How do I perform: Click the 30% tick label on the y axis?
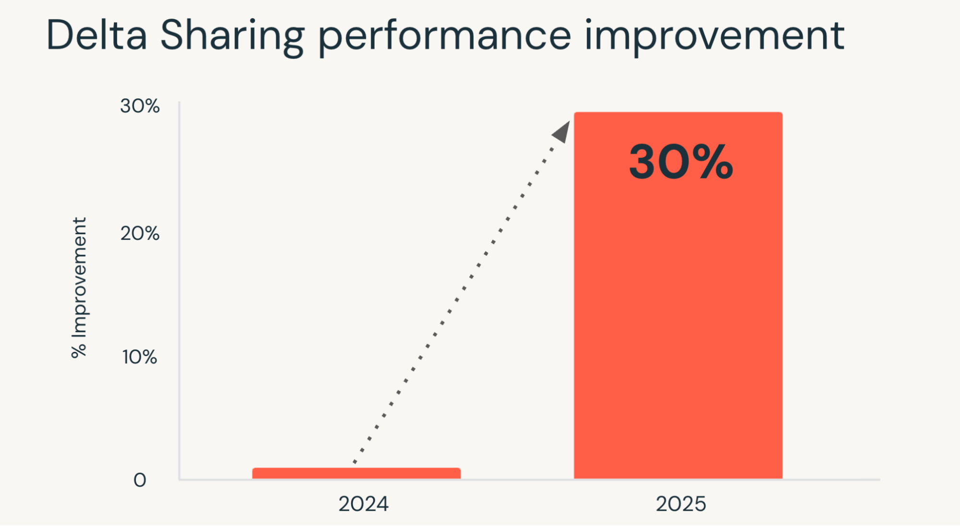click(x=140, y=106)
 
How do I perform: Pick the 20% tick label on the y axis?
click(x=140, y=234)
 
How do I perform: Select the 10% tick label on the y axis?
click(x=139, y=357)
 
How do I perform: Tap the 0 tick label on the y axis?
click(x=140, y=480)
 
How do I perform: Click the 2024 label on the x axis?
click(x=364, y=504)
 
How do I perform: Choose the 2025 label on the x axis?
click(x=681, y=504)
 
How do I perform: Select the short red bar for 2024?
click(x=356, y=473)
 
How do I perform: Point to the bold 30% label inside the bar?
click(x=681, y=162)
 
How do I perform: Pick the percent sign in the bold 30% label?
click(x=712, y=162)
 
